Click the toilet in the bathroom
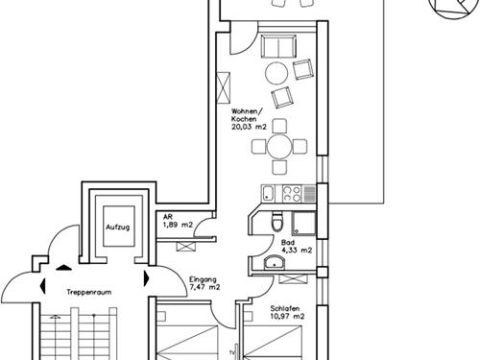click(275, 223)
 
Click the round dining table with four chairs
click(278, 147)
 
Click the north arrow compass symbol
click(447, 9)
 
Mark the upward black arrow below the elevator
click(64, 268)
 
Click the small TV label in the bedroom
click(231, 338)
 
